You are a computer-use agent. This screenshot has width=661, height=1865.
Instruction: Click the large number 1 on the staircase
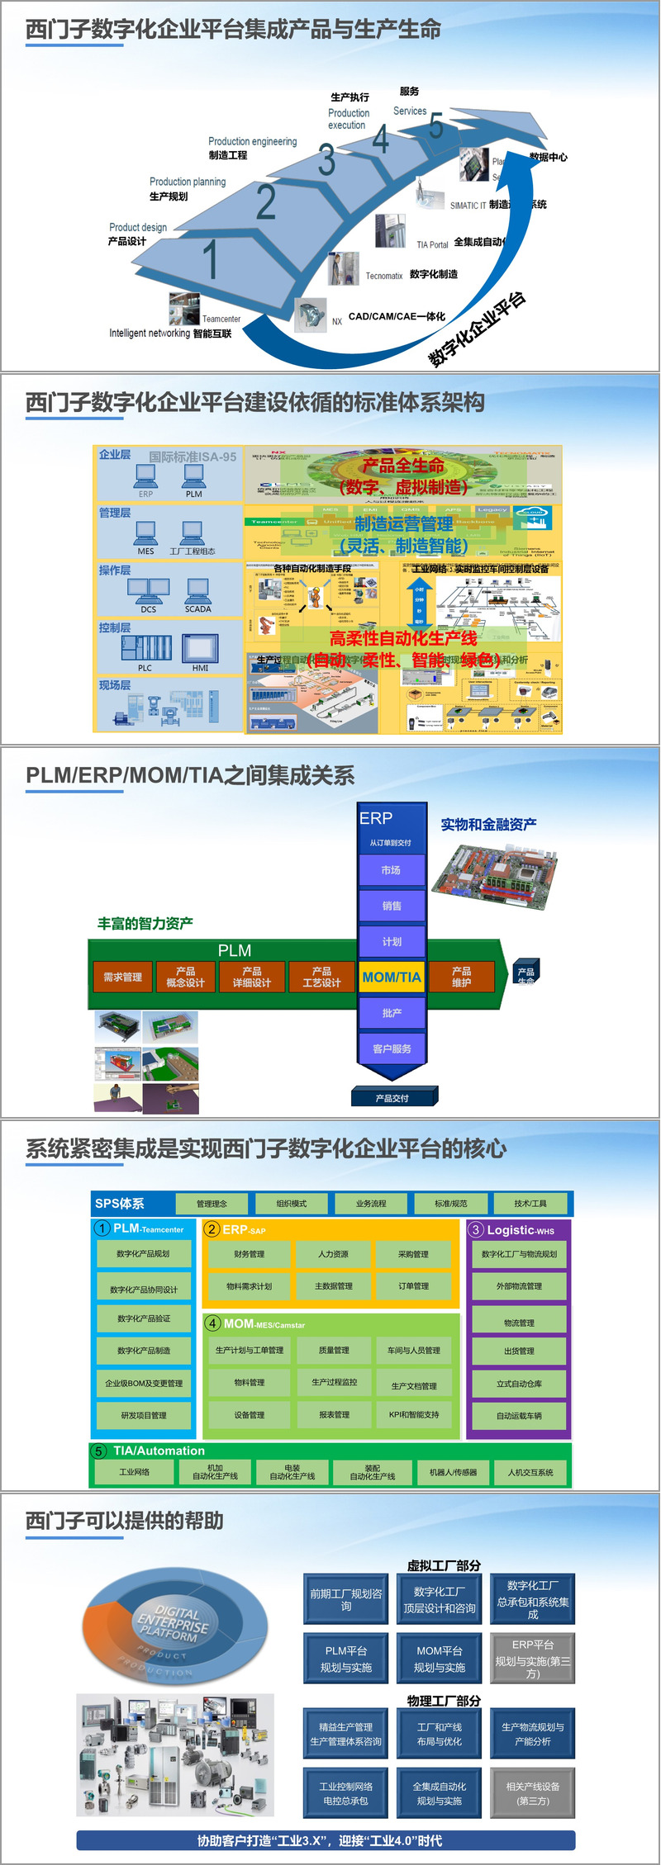click(211, 258)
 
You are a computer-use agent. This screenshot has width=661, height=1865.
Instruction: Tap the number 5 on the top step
click(436, 126)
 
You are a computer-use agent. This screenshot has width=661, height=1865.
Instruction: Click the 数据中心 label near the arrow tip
click(548, 157)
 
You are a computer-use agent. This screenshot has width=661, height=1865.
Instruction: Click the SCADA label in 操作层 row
click(197, 609)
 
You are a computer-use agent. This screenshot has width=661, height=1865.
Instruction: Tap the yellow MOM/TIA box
click(392, 977)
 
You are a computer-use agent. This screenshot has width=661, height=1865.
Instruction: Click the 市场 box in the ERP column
click(392, 870)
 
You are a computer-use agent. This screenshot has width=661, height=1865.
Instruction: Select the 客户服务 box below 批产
click(392, 1048)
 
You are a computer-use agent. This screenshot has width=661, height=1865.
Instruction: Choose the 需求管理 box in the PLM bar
click(122, 977)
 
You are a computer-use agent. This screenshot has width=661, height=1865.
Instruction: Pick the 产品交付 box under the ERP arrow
click(392, 1098)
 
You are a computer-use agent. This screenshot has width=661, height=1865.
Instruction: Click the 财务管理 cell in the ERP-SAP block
click(250, 1254)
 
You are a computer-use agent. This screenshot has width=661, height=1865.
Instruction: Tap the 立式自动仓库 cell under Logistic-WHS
click(519, 1384)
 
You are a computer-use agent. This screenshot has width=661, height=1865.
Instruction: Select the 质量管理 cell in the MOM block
click(334, 1350)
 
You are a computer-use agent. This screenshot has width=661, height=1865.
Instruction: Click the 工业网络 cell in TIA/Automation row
click(134, 1471)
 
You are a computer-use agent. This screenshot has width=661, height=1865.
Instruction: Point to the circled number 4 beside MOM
click(212, 1323)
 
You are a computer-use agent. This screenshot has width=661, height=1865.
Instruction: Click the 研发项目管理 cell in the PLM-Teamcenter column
click(144, 1415)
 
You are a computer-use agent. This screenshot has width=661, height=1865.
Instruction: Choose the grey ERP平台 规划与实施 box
click(533, 1659)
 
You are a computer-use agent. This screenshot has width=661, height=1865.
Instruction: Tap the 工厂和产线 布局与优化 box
click(440, 1734)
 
